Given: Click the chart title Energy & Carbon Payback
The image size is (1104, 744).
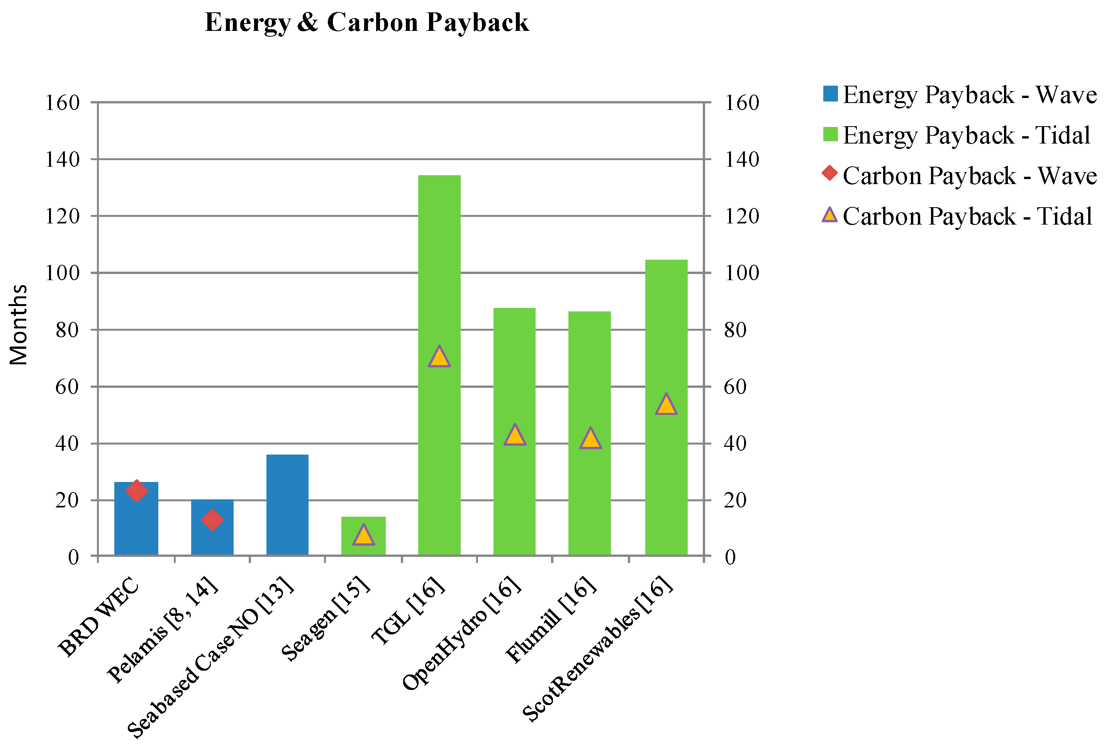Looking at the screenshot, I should point(366,22).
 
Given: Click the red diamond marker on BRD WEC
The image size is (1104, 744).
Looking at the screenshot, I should point(136,490).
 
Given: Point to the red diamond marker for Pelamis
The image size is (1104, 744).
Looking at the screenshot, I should point(212,519).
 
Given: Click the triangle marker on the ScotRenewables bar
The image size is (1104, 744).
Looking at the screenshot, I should point(666,404).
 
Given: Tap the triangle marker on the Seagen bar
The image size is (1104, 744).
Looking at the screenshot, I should point(363,535).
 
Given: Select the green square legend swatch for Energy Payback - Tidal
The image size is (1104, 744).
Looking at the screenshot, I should point(830,135).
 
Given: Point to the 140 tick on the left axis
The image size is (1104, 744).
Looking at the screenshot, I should point(62,159).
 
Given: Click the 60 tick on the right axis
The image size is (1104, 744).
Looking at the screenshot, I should point(735,387).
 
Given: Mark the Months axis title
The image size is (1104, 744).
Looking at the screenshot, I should point(19,325).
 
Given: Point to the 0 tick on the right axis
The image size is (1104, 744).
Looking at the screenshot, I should point(730,557).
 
